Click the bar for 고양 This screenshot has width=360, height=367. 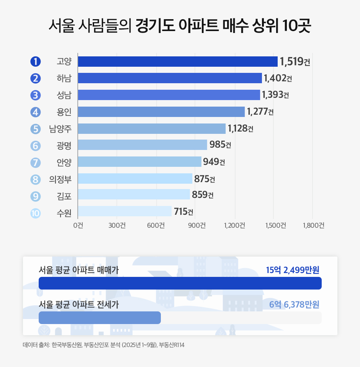[178, 61]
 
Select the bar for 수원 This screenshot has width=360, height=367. [125, 211]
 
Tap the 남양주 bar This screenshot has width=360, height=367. [152, 128]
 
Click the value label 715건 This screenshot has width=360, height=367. [183, 212]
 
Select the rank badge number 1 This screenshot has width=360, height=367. [35, 61]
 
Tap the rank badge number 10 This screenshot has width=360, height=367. [35, 212]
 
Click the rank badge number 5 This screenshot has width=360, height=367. [35, 129]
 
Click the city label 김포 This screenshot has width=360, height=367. [64, 196]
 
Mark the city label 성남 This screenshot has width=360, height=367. [64, 95]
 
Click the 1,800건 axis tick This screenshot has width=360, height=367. [313, 225]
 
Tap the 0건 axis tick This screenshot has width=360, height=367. [78, 225]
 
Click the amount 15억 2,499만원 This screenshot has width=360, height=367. [293, 270]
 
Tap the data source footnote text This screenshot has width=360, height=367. [104, 345]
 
